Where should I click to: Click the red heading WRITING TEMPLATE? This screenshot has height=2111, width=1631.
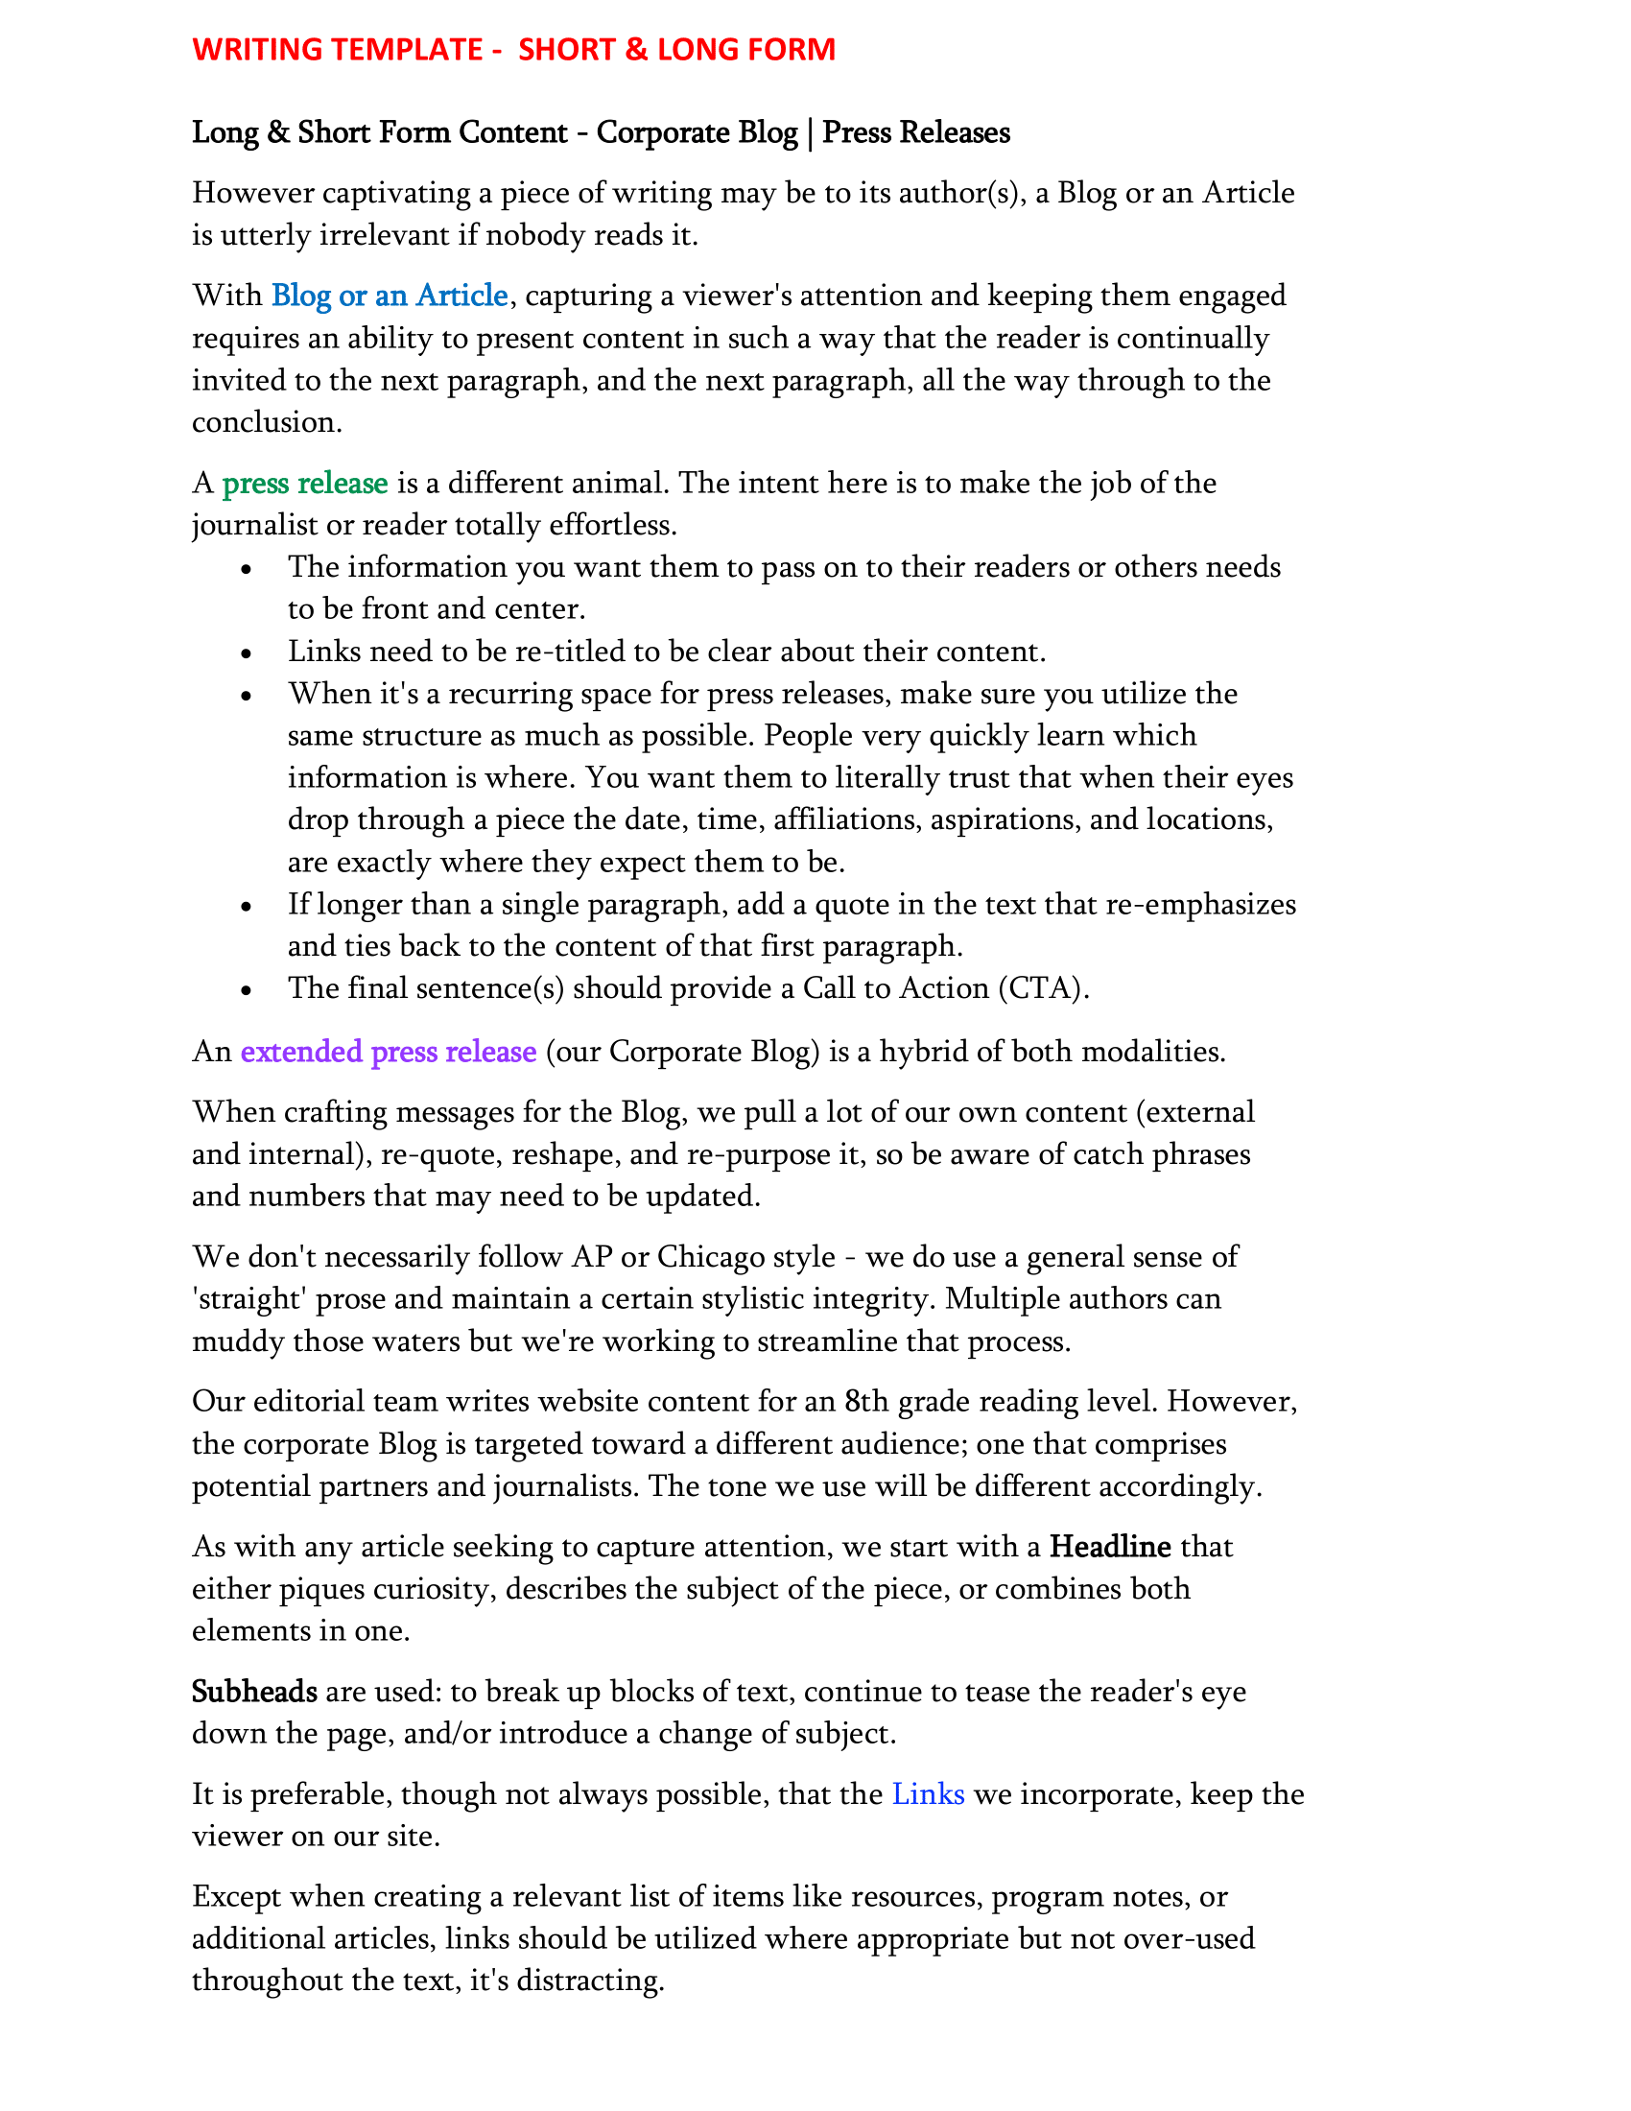(337, 49)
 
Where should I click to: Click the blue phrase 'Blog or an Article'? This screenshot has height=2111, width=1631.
(390, 296)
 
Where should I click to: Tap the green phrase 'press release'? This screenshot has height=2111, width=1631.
(305, 484)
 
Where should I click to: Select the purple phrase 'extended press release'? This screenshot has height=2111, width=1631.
(389, 1052)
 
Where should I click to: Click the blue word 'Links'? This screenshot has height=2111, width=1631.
(928, 1794)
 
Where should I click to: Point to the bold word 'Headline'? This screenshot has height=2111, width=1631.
(1110, 1547)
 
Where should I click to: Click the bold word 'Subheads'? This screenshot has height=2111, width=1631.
(254, 1692)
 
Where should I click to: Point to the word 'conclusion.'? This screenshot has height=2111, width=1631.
(267, 422)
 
